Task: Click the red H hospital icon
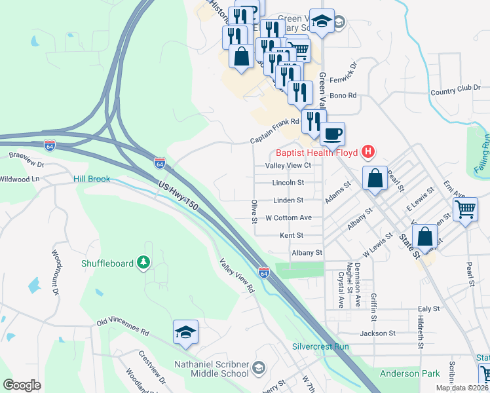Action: tap(368, 153)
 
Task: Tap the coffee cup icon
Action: tap(333, 134)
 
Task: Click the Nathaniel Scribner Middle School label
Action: tap(211, 369)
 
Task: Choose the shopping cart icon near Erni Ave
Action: tap(465, 210)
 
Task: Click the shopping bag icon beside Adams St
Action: tap(374, 179)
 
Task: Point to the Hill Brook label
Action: tap(92, 179)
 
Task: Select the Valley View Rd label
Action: tap(236, 276)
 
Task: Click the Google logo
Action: tap(22, 384)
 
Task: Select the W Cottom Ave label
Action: tap(288, 217)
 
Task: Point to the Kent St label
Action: tap(292, 234)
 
